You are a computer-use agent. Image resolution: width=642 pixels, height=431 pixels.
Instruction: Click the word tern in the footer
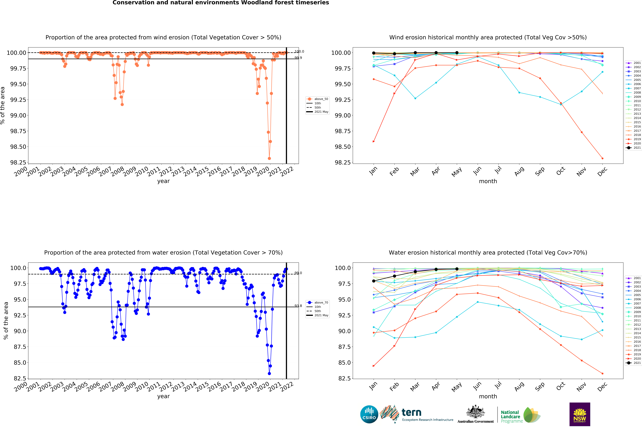pyautogui.click(x=411, y=412)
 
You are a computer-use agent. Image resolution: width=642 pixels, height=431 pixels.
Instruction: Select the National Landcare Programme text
pyautogui.click(x=511, y=416)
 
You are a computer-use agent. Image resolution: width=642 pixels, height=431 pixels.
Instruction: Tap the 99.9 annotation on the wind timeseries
pyautogui.click(x=298, y=58)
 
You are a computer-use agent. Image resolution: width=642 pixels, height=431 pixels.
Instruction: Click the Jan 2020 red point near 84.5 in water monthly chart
pyautogui.click(x=373, y=366)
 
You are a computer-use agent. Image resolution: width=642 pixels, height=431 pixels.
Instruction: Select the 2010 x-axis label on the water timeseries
pyautogui.click(x=142, y=387)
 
